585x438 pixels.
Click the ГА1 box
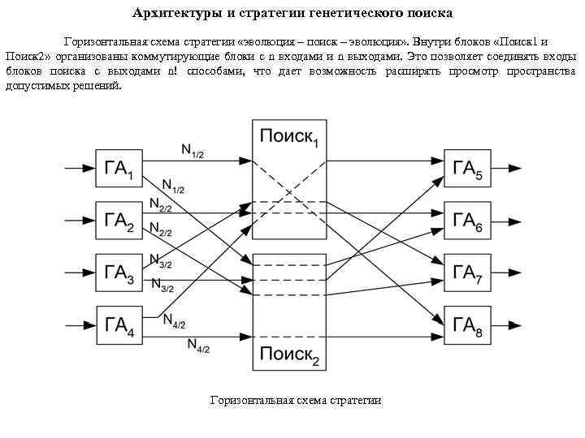coord(120,169)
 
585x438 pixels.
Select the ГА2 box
coord(120,220)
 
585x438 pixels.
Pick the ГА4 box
coord(120,325)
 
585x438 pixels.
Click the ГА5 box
coord(468,169)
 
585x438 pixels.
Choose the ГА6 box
coord(468,220)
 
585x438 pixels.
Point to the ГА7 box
coord(468,273)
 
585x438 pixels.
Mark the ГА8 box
coord(468,325)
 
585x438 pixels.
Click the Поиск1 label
coord(288,138)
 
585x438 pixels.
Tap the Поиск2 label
coord(288,354)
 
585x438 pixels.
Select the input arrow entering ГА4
coord(78,325)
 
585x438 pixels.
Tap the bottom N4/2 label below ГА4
coord(198,346)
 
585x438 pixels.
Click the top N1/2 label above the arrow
coord(192,150)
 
